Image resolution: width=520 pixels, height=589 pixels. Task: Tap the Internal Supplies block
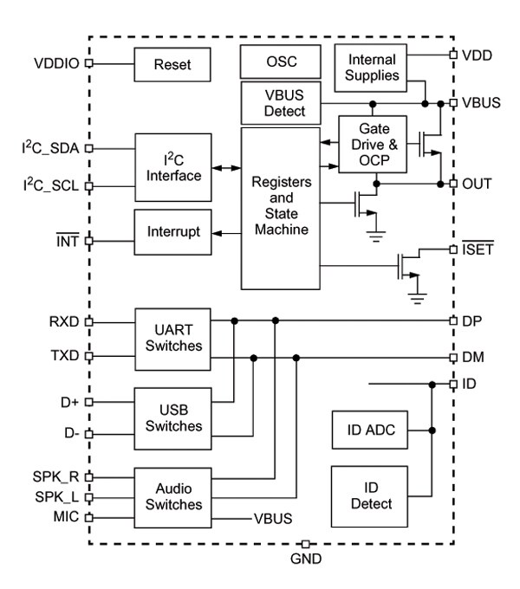[x=371, y=67]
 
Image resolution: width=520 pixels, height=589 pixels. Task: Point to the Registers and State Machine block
[x=280, y=209]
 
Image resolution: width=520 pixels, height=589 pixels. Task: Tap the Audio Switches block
[x=171, y=495]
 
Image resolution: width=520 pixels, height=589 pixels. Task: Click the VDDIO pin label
[x=56, y=63]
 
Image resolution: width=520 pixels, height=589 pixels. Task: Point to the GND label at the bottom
[x=306, y=559]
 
